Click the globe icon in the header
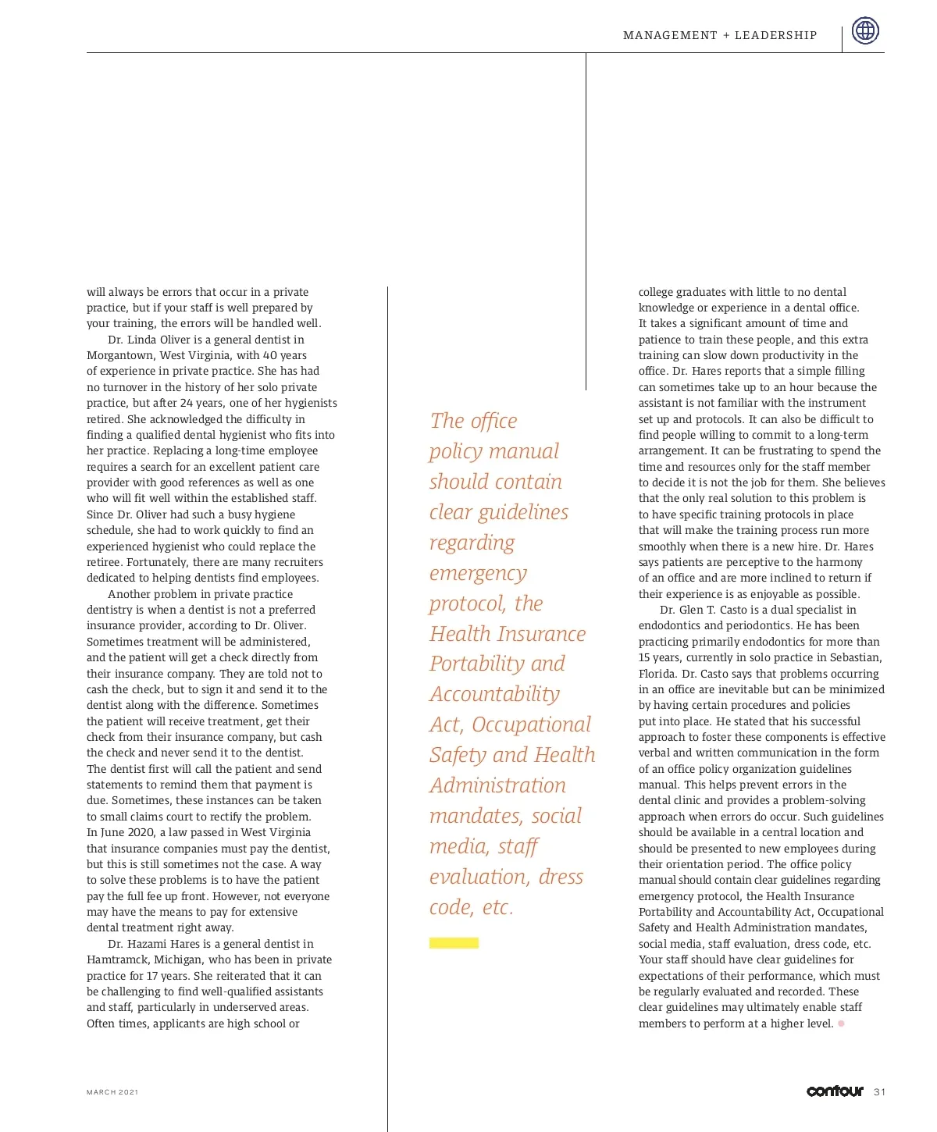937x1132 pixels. click(865, 30)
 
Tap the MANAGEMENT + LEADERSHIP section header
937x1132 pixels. click(720, 35)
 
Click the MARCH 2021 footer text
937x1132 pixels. click(112, 1092)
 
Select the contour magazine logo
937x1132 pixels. click(835, 1091)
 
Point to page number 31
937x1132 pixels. click(880, 1092)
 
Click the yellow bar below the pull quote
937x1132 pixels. click(454, 943)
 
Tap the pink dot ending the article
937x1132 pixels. click(841, 1023)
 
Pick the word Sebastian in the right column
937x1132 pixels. click(854, 657)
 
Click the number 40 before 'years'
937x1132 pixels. click(270, 355)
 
